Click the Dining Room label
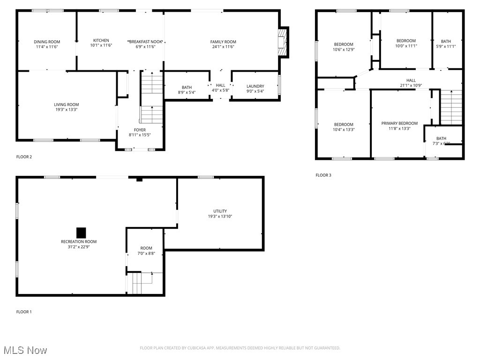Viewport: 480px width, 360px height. tap(47, 41)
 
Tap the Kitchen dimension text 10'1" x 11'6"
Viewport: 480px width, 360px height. tap(101, 45)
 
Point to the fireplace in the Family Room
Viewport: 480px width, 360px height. tap(283, 41)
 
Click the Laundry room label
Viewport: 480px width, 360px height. tap(255, 86)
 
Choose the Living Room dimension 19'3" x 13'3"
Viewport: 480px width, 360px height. tap(66, 110)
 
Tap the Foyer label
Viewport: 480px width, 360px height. tap(140, 130)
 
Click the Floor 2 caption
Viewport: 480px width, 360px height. tap(24, 157)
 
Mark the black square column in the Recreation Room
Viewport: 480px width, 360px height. tap(81, 232)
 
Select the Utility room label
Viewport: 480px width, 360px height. tap(220, 211)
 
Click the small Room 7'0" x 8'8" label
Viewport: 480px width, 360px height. tap(146, 248)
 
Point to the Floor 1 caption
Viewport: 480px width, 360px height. tap(24, 312)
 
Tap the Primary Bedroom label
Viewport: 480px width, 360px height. tap(399, 123)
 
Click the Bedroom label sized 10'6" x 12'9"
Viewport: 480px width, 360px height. tap(343, 45)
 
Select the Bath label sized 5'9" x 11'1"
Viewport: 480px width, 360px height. tap(445, 41)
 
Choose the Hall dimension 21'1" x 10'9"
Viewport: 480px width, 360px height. tap(411, 85)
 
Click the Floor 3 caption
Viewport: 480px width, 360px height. tap(323, 175)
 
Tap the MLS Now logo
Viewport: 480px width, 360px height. tap(25, 350)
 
